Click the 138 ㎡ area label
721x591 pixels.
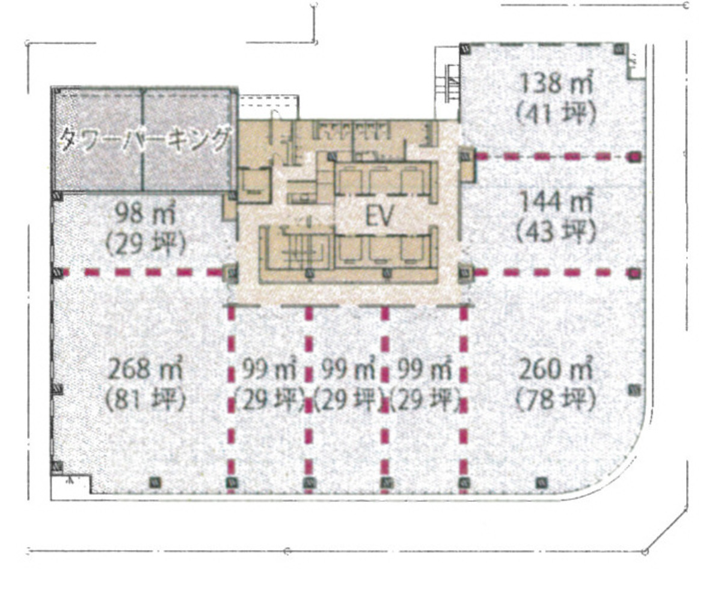556,83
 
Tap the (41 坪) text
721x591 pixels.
556,112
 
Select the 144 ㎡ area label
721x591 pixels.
556,201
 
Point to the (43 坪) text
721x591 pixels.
556,230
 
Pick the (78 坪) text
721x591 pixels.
556,400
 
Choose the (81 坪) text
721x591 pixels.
145,400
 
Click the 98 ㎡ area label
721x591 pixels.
145,213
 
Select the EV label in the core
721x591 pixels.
379,217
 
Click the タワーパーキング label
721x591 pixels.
144,139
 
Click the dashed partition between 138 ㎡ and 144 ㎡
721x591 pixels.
553,157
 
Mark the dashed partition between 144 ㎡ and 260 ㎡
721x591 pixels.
553,272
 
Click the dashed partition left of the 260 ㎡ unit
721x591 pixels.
463,397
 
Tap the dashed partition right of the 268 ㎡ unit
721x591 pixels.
231,397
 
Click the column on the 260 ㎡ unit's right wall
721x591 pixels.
634,390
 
